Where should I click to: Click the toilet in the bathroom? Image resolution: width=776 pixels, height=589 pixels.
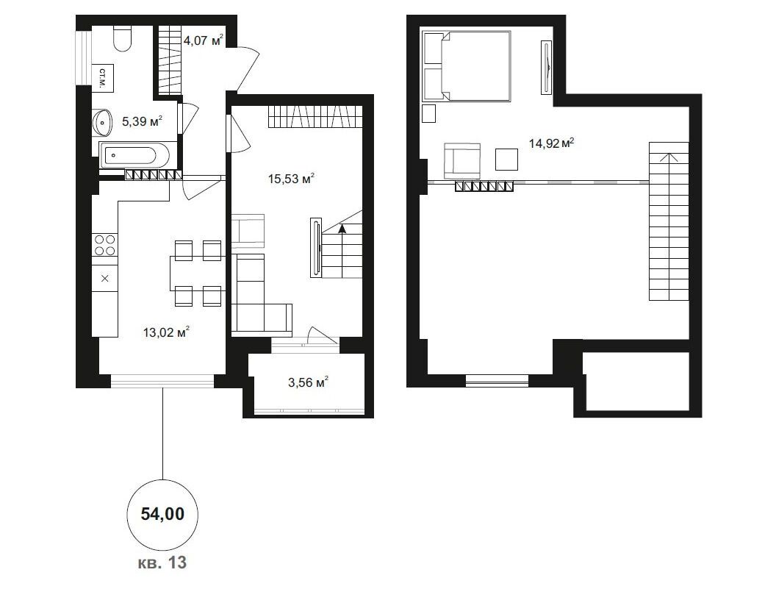coord(122,39)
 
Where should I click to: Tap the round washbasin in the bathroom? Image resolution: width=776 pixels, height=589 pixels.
coord(103,121)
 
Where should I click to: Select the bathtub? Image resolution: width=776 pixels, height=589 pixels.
coord(135,156)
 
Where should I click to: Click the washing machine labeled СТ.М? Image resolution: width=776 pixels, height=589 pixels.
coord(102,78)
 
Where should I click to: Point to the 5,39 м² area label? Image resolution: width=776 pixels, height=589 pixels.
coord(143,121)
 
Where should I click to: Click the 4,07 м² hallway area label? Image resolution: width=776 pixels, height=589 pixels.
coord(204,40)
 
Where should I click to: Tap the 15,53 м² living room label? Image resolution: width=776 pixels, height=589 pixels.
coord(292,179)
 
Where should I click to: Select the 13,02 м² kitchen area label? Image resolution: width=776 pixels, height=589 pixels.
coord(166,332)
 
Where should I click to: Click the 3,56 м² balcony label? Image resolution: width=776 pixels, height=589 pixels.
coord(309,382)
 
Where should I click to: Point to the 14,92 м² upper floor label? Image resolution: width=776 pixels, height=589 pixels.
coord(551,143)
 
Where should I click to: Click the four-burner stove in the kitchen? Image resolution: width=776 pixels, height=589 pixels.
coord(105,245)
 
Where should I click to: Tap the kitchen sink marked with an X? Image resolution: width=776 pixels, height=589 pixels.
coord(105,279)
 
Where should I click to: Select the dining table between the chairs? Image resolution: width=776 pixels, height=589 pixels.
coord(198,273)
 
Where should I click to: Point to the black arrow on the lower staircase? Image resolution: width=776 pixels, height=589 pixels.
coord(342,229)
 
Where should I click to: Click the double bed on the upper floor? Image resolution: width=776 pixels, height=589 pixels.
coord(467,66)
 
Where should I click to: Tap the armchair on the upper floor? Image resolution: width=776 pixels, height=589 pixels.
coord(462,160)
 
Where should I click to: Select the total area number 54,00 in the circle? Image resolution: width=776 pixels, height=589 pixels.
coord(163,514)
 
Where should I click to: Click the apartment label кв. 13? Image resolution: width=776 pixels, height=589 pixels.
coord(162,563)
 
